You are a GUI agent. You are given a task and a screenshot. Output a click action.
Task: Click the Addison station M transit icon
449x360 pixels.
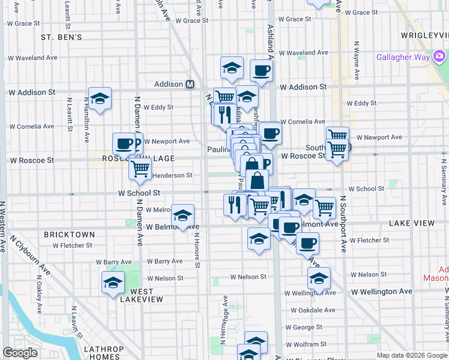pos(190,85)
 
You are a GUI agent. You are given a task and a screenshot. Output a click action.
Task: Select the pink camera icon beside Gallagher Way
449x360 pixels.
pos(440,57)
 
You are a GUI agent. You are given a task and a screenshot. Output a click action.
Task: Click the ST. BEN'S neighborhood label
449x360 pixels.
pos(61,37)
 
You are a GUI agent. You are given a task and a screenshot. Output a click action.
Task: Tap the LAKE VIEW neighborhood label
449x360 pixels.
pos(411,223)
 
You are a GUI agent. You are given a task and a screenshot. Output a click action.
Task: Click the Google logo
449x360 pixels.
pos(20,353)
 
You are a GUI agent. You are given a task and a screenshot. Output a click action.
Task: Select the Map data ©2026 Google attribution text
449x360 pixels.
pos(412,355)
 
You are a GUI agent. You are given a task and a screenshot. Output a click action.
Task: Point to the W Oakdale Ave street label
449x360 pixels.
pos(313,310)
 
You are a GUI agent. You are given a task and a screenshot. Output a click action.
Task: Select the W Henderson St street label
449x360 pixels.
pos(172,175)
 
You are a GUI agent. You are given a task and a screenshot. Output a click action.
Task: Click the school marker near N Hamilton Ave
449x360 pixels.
pos(100,98)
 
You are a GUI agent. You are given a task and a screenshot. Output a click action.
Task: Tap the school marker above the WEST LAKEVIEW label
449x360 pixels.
pos(113,283)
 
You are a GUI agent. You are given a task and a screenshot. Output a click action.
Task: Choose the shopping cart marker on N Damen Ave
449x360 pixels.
pos(140,169)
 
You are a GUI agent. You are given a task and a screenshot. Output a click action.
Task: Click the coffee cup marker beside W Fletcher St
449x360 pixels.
pos(307,243)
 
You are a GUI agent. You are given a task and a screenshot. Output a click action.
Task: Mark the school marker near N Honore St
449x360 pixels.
pos(182,216)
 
